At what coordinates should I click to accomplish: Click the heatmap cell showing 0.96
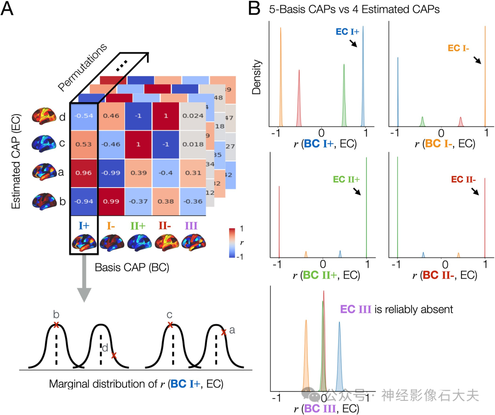[x=83, y=174]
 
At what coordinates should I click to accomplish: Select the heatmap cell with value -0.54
[x=83, y=116]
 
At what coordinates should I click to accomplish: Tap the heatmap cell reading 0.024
[x=193, y=116]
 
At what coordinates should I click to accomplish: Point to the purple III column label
[x=192, y=226]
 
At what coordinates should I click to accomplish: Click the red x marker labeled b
[x=56, y=325]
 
